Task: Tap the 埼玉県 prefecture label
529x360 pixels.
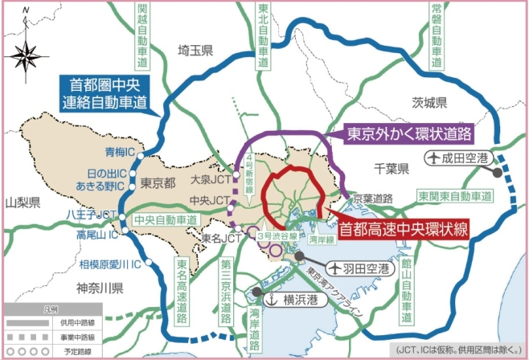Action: (x=195, y=51)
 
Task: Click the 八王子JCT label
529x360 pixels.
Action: (x=93, y=215)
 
